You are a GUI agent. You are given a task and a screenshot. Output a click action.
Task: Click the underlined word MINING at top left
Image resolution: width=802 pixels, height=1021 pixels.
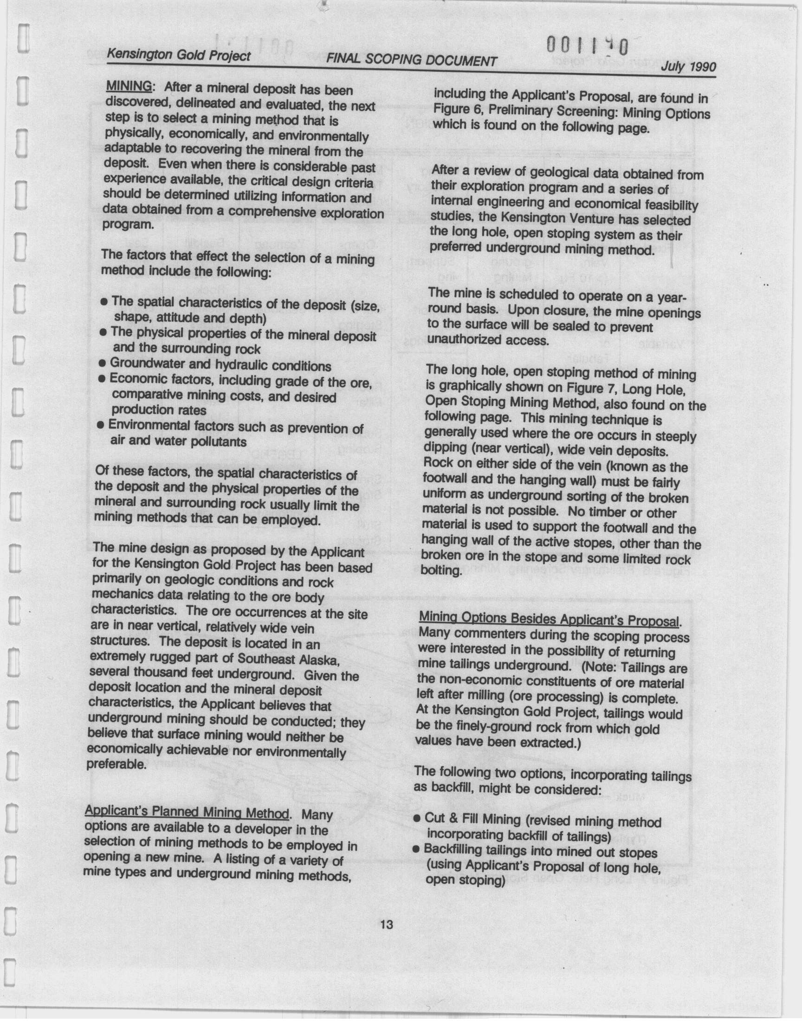click(129, 86)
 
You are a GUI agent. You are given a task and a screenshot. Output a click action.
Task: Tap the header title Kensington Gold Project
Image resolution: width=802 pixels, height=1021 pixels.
click(178, 55)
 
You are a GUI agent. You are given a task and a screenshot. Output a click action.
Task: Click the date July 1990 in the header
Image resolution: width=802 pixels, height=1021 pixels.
click(688, 67)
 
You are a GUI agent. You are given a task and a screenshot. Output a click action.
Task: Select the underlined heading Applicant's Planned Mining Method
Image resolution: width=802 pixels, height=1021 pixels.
click(186, 812)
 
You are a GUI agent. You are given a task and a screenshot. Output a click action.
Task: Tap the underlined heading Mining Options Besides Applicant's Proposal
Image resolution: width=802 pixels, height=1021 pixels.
click(549, 620)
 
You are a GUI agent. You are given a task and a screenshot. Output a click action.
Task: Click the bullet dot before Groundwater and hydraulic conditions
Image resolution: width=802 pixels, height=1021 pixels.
click(102, 363)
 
